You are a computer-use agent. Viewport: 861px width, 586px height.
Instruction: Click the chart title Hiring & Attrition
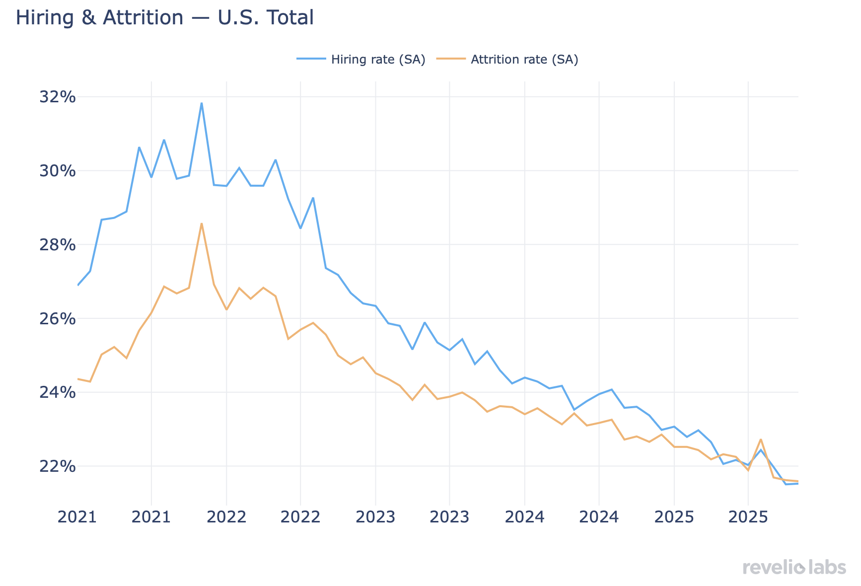point(164,18)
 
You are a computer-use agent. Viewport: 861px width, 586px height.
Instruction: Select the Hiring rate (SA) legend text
point(378,60)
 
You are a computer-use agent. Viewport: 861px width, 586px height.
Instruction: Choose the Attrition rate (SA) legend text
point(524,60)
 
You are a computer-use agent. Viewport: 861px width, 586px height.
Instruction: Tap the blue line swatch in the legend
point(311,59)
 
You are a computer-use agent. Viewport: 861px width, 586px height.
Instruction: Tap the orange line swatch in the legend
point(451,59)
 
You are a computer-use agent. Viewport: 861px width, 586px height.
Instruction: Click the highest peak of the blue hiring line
point(202,103)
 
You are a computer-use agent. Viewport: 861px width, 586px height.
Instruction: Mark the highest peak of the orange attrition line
point(202,223)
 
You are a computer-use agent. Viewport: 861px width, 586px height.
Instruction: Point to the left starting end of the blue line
point(78,285)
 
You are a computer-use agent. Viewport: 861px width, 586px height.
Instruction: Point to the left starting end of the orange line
point(78,379)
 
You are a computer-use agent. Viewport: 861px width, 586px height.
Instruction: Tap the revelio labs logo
point(794,568)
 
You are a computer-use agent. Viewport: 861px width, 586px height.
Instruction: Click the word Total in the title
point(290,18)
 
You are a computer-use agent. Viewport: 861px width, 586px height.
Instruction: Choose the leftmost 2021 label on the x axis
point(76,517)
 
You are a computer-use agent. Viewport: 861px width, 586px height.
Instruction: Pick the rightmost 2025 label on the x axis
point(747,517)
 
